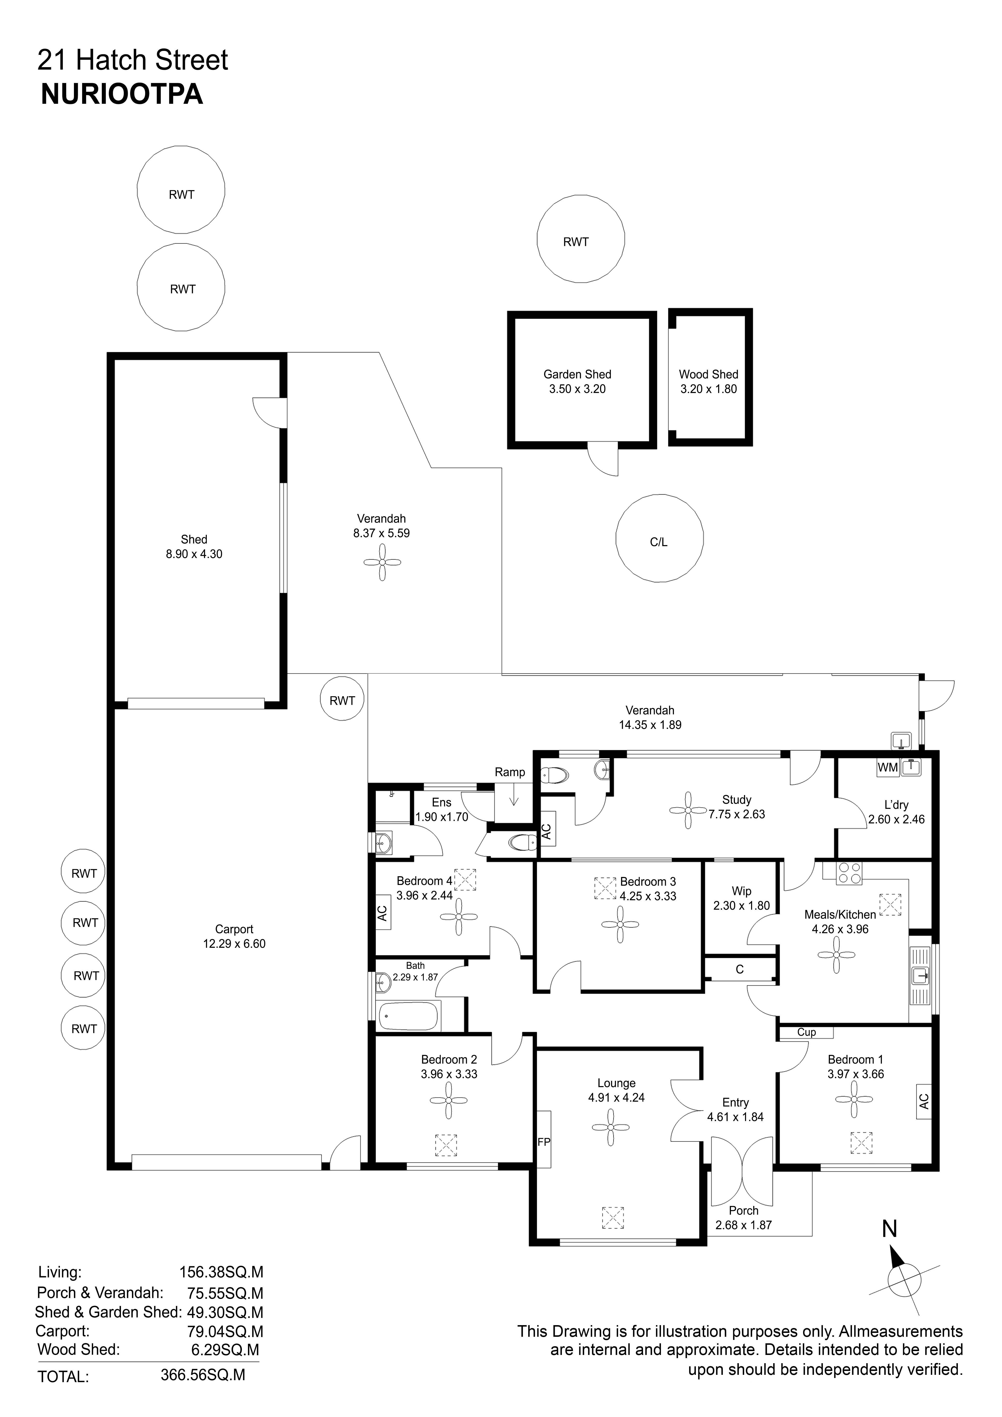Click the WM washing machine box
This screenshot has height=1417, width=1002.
[x=888, y=767]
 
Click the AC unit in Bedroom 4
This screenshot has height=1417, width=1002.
[x=382, y=913]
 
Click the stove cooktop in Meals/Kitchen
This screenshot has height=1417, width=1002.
[x=850, y=873]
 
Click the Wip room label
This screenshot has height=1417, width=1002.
[x=742, y=891]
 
